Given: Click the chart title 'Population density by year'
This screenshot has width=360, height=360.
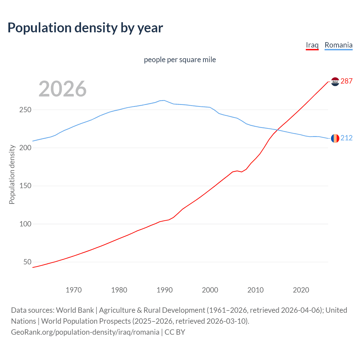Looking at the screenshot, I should [x=85, y=28].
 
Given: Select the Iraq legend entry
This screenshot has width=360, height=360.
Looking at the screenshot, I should [x=312, y=45].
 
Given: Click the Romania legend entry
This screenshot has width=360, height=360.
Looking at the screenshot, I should [x=338, y=45].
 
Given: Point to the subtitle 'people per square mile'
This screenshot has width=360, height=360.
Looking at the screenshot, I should [x=180, y=60].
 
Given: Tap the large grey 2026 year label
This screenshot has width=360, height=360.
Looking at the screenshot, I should [x=62, y=89].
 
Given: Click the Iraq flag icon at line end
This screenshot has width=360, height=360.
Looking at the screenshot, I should [x=335, y=82].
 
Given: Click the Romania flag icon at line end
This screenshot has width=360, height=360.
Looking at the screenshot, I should [x=335, y=138].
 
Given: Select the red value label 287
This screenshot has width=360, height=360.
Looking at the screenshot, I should [x=346, y=81].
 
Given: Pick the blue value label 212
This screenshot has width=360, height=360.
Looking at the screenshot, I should [x=346, y=138].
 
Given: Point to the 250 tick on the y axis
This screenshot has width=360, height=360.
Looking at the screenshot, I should [x=25, y=110].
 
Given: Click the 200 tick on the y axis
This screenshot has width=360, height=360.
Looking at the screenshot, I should [x=25, y=148].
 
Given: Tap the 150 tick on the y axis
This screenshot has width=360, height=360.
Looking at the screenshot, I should [x=25, y=186].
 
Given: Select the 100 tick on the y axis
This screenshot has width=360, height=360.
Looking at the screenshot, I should [x=25, y=224].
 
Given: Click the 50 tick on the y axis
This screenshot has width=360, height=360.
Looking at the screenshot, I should [x=27, y=262].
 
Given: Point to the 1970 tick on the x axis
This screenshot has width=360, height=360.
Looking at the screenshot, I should [x=74, y=290].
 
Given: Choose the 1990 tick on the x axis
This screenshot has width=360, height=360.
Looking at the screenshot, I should [x=165, y=290].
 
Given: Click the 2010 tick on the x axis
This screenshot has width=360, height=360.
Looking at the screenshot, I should [x=255, y=290].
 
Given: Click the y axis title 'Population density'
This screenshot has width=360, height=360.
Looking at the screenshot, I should [x=12, y=174].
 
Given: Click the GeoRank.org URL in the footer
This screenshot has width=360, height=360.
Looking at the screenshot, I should [x=85, y=332].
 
